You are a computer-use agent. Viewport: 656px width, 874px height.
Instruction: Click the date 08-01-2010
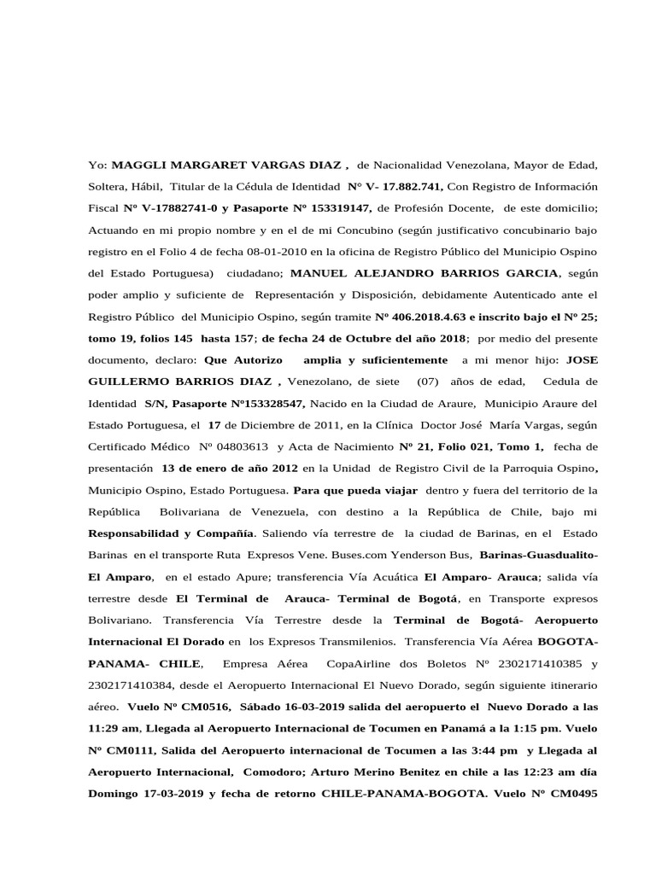[307, 253]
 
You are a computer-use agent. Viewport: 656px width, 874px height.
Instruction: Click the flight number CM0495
[568, 795]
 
